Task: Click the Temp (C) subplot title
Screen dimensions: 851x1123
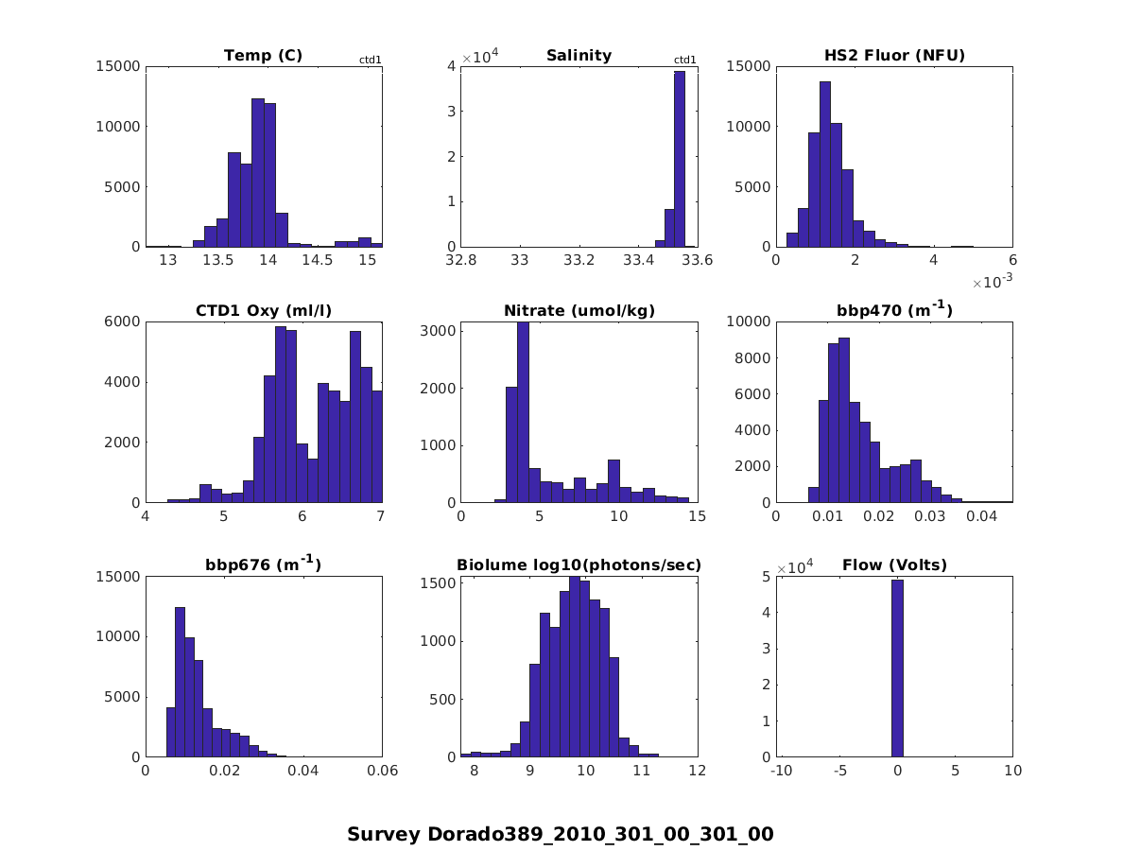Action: click(263, 55)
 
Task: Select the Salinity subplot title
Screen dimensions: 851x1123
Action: click(579, 55)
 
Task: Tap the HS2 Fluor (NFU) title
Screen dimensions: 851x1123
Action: click(894, 55)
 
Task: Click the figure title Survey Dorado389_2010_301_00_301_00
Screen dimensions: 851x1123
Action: click(561, 834)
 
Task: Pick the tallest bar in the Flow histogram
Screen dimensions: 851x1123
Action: click(897, 668)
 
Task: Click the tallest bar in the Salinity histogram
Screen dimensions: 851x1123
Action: click(680, 159)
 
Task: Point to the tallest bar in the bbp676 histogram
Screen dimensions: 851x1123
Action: click(180, 682)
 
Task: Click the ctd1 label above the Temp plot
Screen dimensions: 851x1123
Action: click(370, 61)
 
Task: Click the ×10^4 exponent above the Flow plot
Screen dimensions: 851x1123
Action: click(796, 568)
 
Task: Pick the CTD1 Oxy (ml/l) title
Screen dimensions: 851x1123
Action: click(263, 310)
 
